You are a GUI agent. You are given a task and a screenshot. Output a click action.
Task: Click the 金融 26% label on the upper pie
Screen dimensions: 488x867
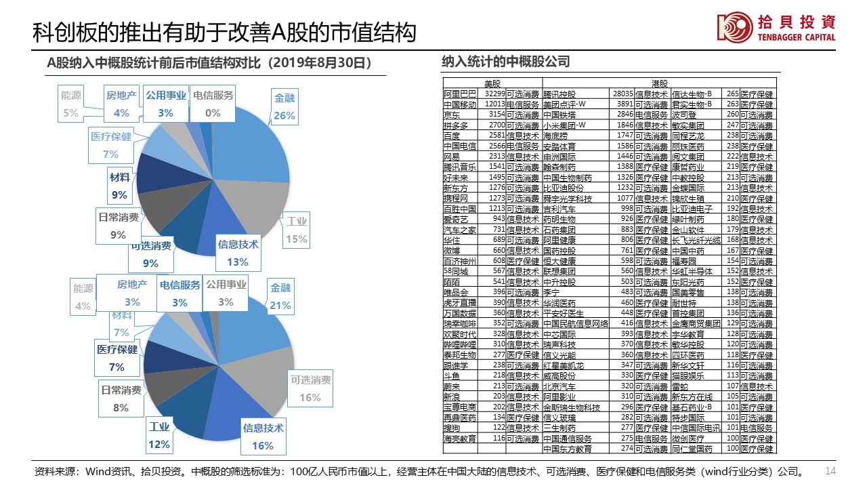point(284,107)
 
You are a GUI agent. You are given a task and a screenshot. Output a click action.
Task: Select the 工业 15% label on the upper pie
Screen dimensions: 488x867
point(296,230)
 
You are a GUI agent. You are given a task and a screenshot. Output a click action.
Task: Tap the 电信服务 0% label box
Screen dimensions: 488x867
point(213,104)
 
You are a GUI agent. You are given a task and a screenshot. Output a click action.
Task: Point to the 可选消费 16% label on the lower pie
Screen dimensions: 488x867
point(310,388)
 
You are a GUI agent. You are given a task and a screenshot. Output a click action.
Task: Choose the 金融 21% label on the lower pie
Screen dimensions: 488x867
point(280,297)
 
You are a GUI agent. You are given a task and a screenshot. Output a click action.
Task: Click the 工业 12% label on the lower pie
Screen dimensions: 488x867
point(159,436)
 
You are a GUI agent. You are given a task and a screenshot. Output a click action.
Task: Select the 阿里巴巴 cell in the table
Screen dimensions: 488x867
point(460,94)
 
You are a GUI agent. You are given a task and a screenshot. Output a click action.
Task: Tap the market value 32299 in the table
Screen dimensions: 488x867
point(494,94)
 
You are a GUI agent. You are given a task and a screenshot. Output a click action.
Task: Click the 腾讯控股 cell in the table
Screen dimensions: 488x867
point(559,94)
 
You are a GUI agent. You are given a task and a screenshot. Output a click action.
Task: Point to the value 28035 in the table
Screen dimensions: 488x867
point(622,94)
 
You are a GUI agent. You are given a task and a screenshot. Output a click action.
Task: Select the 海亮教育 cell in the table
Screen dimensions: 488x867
point(460,439)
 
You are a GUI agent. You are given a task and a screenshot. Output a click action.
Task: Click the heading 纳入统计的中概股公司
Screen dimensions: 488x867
point(505,62)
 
